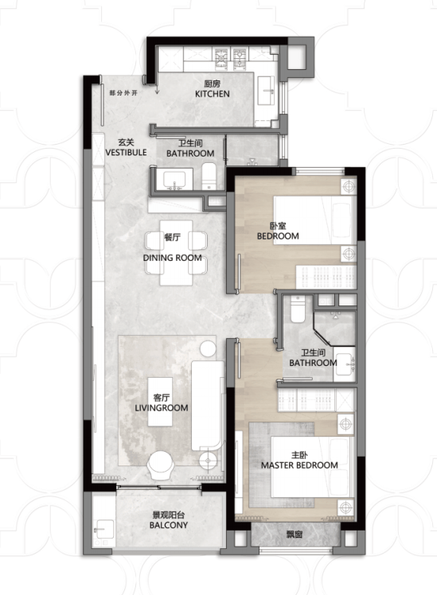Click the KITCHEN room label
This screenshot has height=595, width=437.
pyautogui.click(x=213, y=94)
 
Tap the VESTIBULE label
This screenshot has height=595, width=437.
pyautogui.click(x=126, y=153)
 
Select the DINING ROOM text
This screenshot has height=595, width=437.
pyautogui.click(x=173, y=258)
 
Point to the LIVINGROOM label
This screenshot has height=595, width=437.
pyautogui.click(x=162, y=408)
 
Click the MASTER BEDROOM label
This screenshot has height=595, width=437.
pyautogui.click(x=299, y=465)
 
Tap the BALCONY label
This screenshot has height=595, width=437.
pyautogui.click(x=169, y=525)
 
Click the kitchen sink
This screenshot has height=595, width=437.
pyautogui.click(x=267, y=91)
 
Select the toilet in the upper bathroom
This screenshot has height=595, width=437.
pyautogui.click(x=209, y=176)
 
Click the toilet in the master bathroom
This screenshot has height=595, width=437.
pyautogui.click(x=298, y=309)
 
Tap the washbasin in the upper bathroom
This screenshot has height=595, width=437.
pyautogui.click(x=174, y=179)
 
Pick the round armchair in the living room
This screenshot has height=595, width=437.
pyautogui.click(x=162, y=465)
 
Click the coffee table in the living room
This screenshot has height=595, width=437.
pyautogui.click(x=160, y=402)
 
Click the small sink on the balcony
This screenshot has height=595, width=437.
pyautogui.click(x=103, y=529)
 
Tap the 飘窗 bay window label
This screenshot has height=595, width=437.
pyautogui.click(x=295, y=535)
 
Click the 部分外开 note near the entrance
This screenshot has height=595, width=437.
pyautogui.click(x=123, y=92)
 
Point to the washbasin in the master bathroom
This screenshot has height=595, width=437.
pyautogui.click(x=345, y=364)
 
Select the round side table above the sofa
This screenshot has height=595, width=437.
pyautogui.click(x=208, y=348)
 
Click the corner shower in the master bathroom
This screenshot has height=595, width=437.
pyautogui.click(x=335, y=329)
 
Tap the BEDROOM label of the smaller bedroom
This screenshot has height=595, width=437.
pyautogui.click(x=278, y=236)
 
